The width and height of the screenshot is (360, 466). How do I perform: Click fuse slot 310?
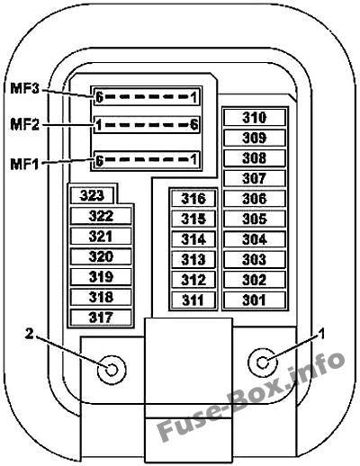click(x=255, y=117)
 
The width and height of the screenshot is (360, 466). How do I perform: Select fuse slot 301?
click(x=255, y=300)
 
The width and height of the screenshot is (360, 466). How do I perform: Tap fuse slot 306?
click(x=255, y=199)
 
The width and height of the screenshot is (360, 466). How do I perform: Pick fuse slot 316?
click(x=193, y=199)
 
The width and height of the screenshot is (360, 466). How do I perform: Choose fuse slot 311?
click(x=193, y=300)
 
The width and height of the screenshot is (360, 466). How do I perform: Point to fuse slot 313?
click(x=193, y=259)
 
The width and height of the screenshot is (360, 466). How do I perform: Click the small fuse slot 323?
click(x=92, y=195)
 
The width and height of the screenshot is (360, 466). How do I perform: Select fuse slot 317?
click(x=101, y=318)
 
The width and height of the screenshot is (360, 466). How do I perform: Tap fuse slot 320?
click(x=101, y=256)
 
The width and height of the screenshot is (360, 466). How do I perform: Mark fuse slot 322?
click(x=101, y=216)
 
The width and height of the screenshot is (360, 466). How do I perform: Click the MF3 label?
click(x=24, y=88)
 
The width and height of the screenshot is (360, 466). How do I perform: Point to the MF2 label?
click(x=24, y=124)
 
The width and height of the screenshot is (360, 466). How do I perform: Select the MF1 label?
click(x=24, y=164)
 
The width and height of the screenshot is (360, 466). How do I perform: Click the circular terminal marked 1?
click(x=263, y=363)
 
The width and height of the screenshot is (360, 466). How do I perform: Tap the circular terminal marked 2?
click(x=112, y=370)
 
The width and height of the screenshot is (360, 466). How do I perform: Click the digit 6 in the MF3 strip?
click(x=99, y=96)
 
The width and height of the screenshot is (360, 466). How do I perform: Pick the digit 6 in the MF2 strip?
click(x=194, y=124)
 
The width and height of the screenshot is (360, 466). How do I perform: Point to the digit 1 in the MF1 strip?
click(x=194, y=159)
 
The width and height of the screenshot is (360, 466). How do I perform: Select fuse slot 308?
click(x=255, y=158)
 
